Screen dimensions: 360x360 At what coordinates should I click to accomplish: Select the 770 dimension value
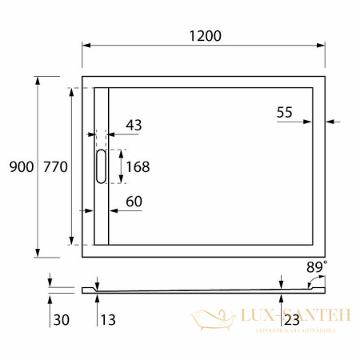tap(54, 166)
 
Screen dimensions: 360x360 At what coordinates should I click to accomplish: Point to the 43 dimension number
tap(134, 125)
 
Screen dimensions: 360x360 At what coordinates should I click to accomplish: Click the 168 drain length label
tap(138, 166)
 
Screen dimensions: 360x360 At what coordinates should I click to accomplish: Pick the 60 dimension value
tap(134, 202)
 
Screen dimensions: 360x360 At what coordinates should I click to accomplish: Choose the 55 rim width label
tap(285, 113)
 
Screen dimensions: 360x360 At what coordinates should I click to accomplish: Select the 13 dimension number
tap(108, 320)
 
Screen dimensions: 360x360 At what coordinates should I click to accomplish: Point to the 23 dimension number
tap(291, 320)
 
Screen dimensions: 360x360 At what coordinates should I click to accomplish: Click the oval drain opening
tap(100, 166)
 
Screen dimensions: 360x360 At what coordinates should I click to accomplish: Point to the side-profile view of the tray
tap(200, 288)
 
